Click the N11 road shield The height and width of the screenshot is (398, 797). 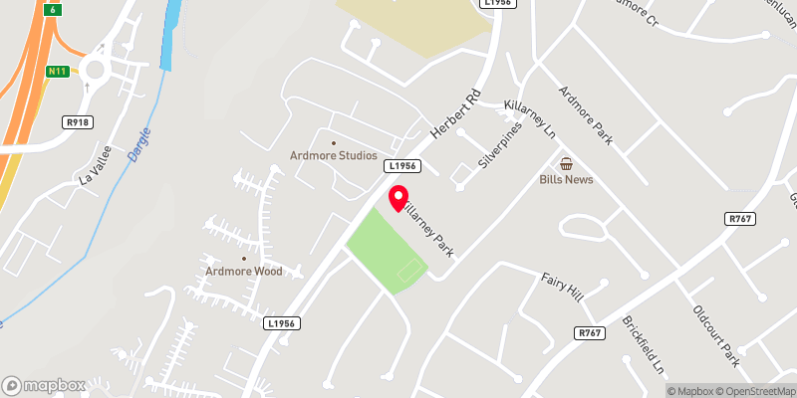pyautogui.click(x=58, y=72)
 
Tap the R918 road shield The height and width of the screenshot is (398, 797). pyautogui.click(x=76, y=121)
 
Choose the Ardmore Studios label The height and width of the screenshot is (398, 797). pyautogui.click(x=333, y=155)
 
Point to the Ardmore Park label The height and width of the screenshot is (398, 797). pyautogui.click(x=585, y=117)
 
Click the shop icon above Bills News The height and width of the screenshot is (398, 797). pyautogui.click(x=566, y=163)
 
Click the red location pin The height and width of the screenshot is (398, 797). pyautogui.click(x=398, y=198)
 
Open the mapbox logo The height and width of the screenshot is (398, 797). pyautogui.click(x=42, y=385)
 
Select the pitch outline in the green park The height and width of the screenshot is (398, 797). pyautogui.click(x=409, y=269)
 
